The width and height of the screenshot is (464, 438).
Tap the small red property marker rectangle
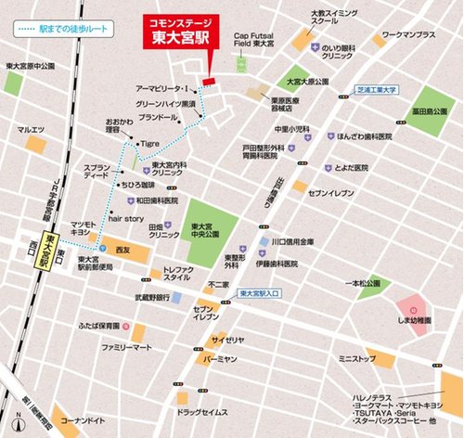(208, 83)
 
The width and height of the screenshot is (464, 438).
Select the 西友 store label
(123, 250)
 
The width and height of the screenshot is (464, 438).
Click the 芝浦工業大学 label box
(377, 91)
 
